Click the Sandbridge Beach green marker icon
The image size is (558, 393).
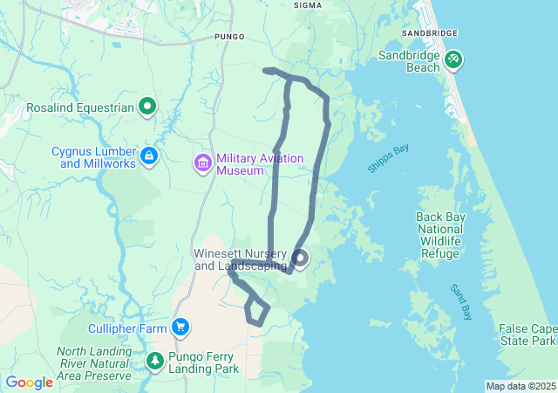(x=453, y=60)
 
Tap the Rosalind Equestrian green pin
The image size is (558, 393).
(x=148, y=107)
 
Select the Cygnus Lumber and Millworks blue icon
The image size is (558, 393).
(x=150, y=155)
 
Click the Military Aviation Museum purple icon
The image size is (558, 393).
(x=203, y=162)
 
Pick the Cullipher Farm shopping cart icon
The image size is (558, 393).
(x=180, y=327)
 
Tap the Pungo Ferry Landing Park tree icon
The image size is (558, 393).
(x=154, y=360)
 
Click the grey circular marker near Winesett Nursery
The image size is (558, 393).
(x=300, y=258)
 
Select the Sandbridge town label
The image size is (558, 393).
(x=429, y=32)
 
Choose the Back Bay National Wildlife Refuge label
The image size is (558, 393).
(x=439, y=235)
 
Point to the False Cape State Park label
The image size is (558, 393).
(x=527, y=334)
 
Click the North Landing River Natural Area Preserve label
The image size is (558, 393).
(x=94, y=363)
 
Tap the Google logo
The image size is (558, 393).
(x=29, y=383)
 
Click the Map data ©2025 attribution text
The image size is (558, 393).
(x=521, y=386)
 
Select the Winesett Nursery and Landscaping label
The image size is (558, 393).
(x=240, y=259)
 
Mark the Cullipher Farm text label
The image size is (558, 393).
(x=128, y=328)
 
